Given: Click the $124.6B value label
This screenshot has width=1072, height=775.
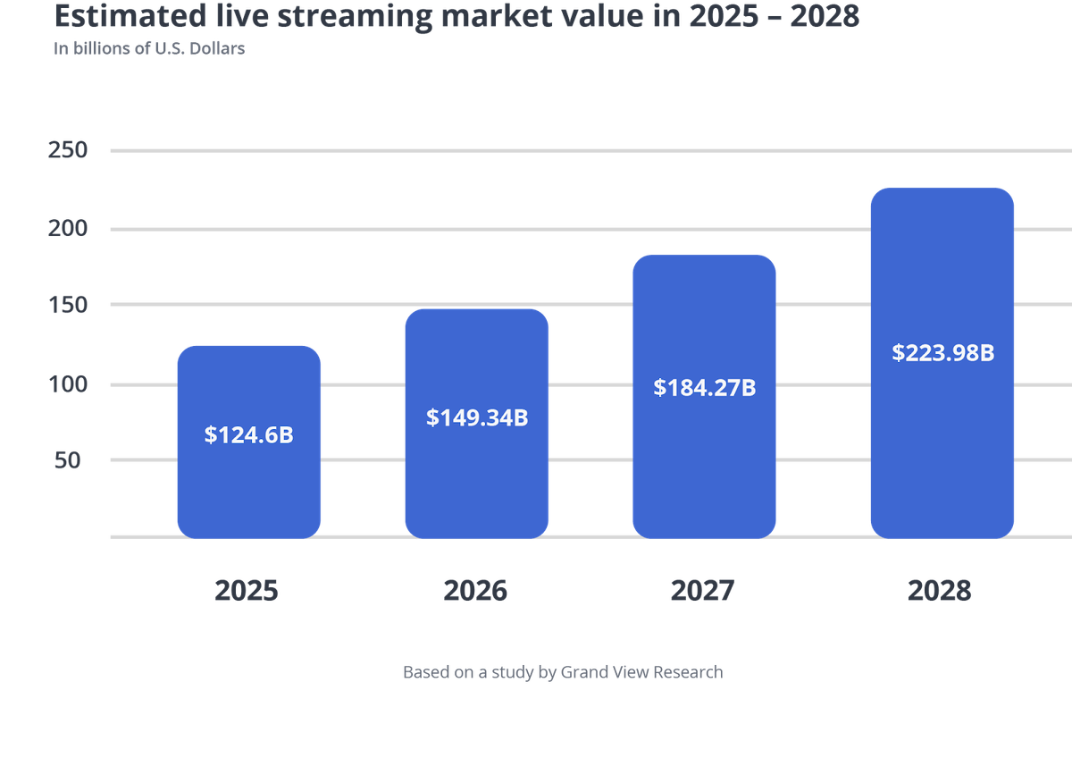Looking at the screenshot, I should point(248,435).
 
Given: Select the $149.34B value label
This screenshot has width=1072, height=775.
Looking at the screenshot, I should point(477,417).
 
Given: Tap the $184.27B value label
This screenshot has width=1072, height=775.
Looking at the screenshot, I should point(705,388).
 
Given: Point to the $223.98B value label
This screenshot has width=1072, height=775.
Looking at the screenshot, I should point(942,353).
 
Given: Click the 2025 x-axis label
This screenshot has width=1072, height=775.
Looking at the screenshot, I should point(247,591).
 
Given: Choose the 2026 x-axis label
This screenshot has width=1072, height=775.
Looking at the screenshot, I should point(475,591).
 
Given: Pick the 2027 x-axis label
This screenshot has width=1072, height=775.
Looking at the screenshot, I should point(703,591).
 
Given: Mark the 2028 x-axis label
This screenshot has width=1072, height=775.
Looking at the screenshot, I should point(939,591).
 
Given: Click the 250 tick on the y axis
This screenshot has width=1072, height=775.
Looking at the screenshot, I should point(68,149).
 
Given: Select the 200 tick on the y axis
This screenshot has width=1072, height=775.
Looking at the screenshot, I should point(68,228).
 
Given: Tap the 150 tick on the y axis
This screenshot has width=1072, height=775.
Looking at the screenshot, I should point(68,305).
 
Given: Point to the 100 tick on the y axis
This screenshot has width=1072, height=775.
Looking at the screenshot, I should point(68,385).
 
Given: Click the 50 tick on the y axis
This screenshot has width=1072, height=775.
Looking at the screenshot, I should point(73,460).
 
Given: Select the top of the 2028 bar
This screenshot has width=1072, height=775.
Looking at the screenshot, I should point(942,189).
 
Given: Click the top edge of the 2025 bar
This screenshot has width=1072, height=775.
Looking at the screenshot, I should point(248,346).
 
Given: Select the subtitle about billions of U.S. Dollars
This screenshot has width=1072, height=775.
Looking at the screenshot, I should point(149,49).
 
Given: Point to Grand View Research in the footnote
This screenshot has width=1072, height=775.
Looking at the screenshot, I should point(641,672).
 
